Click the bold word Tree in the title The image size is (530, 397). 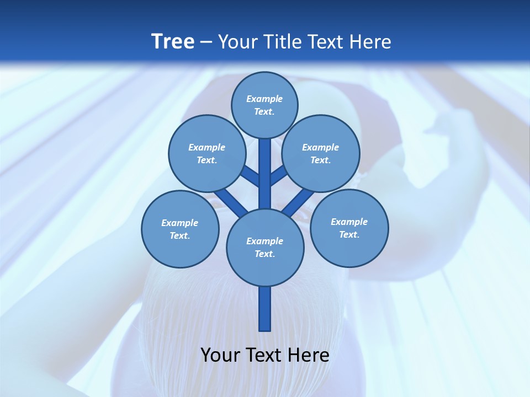(173, 41)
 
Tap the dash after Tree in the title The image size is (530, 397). (206, 42)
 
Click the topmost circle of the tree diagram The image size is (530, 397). (264, 105)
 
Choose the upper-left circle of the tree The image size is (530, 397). (206, 153)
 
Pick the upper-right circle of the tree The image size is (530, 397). (320, 153)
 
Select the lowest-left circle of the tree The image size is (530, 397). (180, 229)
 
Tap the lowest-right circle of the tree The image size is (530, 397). (349, 228)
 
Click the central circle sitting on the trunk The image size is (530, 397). (265, 248)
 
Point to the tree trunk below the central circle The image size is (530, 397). (265, 309)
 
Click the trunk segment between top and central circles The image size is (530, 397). (265, 174)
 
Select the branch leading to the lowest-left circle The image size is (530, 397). (231, 202)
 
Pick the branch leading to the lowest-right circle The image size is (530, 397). (299, 202)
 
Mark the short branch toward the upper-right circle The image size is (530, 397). (279, 176)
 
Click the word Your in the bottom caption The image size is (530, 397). (220, 355)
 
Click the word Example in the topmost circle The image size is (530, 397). (264, 99)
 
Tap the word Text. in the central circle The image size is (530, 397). (264, 254)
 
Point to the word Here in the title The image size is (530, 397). (370, 41)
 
